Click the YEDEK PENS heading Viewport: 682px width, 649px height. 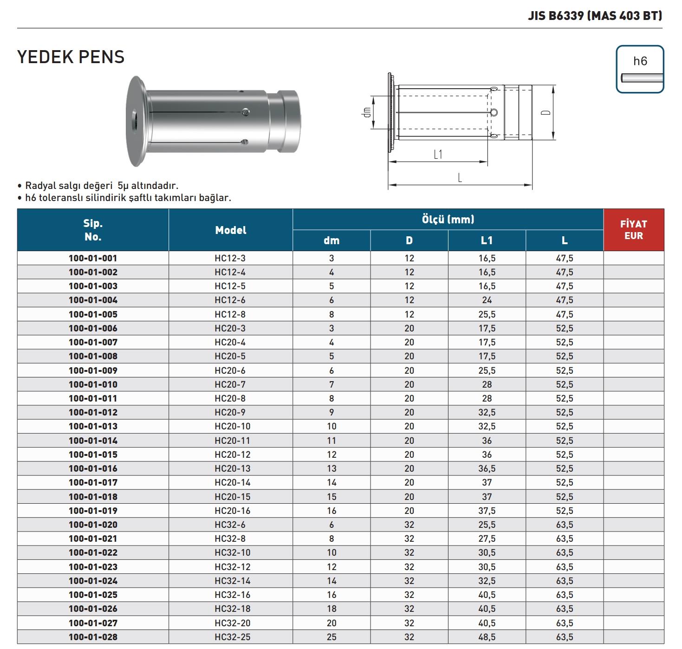point(71,57)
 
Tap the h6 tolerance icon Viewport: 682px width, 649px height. point(640,70)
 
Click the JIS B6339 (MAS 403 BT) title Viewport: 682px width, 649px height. point(595,16)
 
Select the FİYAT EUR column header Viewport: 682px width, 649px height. point(633,230)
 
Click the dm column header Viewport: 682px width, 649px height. point(331,240)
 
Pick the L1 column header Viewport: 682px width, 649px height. point(487,240)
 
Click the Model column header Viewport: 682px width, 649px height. point(231,230)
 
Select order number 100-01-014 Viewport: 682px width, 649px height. point(93,441)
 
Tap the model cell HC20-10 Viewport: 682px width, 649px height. point(232,426)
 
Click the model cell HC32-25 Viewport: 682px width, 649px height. point(232,637)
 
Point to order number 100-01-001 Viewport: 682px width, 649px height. point(93,258)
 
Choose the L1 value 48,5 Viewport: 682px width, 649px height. point(487,637)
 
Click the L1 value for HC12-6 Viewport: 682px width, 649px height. point(487,300)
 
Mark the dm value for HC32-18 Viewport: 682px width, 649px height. point(331,609)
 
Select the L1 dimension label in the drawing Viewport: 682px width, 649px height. point(438,155)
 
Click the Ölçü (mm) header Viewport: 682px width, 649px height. point(448,219)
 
